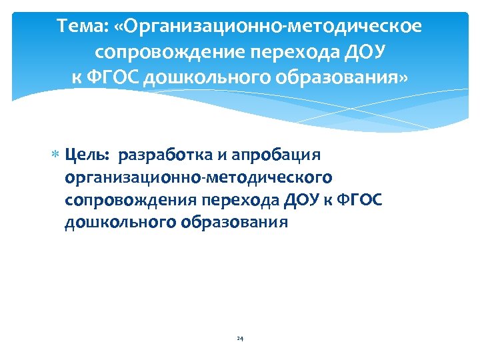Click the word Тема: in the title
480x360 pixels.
[83, 28]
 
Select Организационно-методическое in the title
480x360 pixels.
[274, 28]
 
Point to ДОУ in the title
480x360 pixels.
[367, 52]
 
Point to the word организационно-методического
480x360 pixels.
[199, 177]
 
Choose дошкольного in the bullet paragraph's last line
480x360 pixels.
[120, 223]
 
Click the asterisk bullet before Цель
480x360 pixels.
[57, 156]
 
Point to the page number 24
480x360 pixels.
[240, 339]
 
